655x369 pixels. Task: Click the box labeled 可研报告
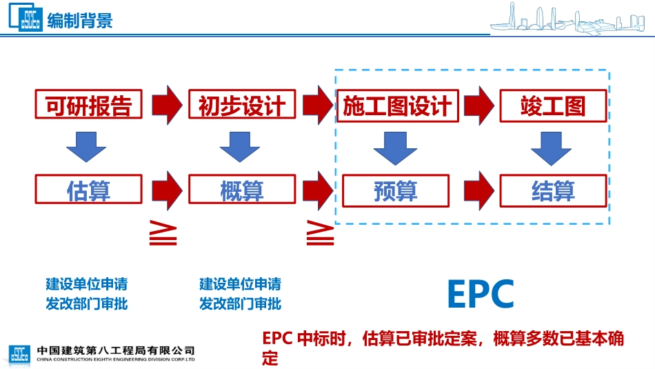[x=88, y=106]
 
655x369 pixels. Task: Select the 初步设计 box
[x=241, y=106]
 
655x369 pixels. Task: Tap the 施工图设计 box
[x=396, y=106]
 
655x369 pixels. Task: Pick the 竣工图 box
[x=553, y=106]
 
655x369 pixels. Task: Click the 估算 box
[x=88, y=190]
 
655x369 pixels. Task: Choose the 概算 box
[x=241, y=190]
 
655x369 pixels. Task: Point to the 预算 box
[x=396, y=190]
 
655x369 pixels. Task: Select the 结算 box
[x=553, y=190]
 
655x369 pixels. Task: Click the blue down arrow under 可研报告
[x=86, y=147]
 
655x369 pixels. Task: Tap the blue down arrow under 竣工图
[x=553, y=148]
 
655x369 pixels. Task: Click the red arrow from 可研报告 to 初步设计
[x=165, y=104]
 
